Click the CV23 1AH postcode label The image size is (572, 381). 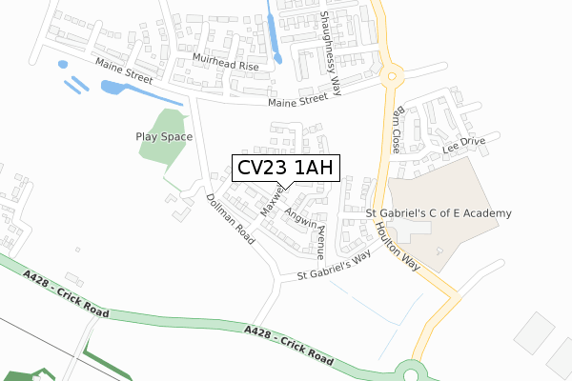tap(284, 169)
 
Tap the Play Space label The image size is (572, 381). tap(163, 137)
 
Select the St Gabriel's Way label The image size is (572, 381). tap(333, 266)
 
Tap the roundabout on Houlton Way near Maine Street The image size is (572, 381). tap(389, 75)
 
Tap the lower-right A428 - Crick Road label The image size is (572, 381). tap(288, 346)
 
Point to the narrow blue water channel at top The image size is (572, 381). tap(274, 33)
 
